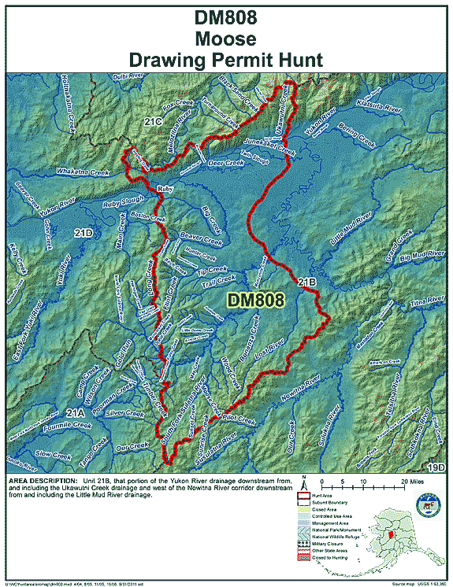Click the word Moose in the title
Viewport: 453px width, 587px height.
(227, 38)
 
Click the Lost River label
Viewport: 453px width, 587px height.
(280, 345)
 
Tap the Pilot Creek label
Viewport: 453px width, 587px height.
(240, 423)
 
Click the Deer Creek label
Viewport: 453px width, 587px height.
(225, 164)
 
